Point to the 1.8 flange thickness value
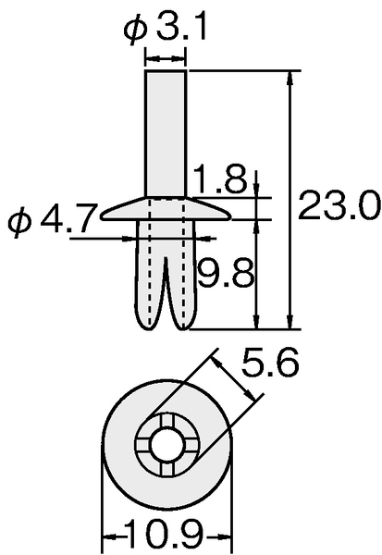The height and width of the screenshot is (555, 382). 219,178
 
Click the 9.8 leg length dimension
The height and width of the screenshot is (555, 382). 226,273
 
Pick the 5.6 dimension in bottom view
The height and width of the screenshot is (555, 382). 270,363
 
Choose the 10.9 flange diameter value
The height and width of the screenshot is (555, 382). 166,534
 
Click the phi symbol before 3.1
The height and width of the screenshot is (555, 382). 135,30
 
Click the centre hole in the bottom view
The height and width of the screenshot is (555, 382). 166,445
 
